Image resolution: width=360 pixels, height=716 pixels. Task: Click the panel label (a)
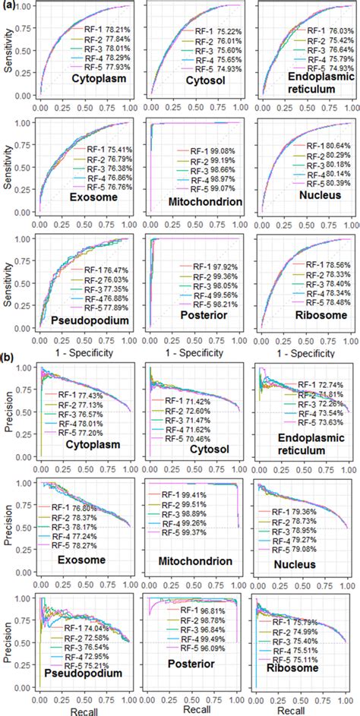pos(9,7)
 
